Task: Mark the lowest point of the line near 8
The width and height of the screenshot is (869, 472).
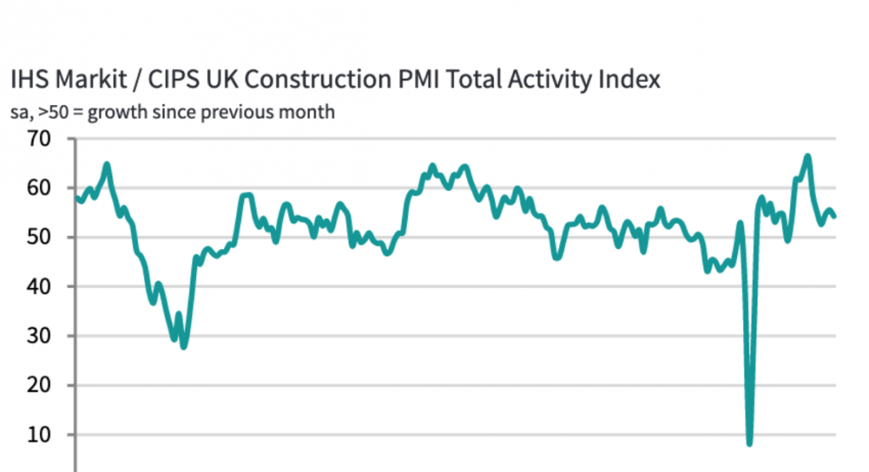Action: point(749,443)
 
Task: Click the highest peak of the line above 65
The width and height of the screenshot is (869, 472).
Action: point(807,155)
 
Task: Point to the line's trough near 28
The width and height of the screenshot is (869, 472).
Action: point(184,347)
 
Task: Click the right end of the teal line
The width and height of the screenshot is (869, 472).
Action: point(836,216)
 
